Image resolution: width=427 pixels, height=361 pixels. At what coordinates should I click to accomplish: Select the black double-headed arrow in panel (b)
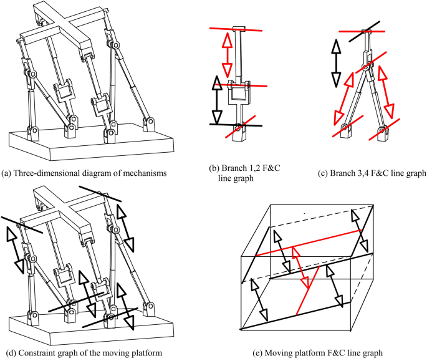tap(216, 100)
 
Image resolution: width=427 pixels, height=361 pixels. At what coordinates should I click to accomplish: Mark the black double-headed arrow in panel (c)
tap(335, 62)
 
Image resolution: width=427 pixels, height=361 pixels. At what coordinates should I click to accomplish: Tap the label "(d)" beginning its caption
tap(8, 353)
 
